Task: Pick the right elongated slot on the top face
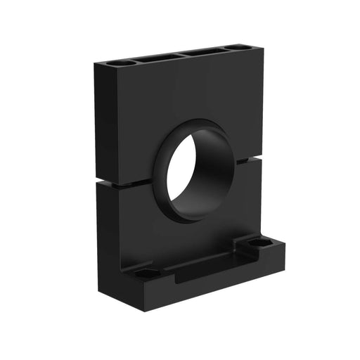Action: (203, 51)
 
